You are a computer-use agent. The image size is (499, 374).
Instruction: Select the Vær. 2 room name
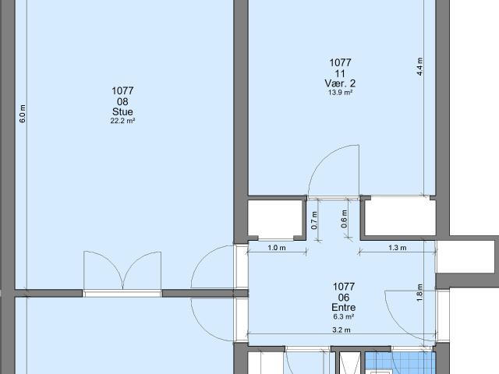(x=341, y=83)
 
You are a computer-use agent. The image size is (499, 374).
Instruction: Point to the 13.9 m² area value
(x=341, y=92)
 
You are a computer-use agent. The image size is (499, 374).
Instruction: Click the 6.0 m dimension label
(x=23, y=114)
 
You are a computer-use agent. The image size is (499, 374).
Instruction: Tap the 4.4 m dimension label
(x=419, y=65)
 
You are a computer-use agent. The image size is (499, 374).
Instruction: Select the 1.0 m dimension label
(x=277, y=249)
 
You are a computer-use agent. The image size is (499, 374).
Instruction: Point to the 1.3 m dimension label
(x=398, y=249)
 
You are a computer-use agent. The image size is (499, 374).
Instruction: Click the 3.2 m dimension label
(x=342, y=330)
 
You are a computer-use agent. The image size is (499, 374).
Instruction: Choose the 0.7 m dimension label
(x=313, y=220)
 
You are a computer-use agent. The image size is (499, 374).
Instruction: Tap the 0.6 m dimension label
(x=344, y=220)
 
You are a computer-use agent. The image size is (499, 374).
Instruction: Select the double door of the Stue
(x=122, y=273)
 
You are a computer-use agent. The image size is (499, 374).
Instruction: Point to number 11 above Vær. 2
(x=341, y=72)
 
